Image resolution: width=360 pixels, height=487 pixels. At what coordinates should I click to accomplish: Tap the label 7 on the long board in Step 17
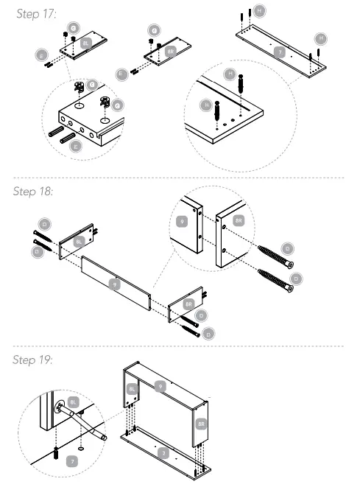(x=278, y=52)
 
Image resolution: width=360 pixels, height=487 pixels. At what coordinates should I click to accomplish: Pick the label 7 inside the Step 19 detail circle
(x=71, y=460)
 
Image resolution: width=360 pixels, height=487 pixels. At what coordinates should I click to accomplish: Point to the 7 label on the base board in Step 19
(x=166, y=454)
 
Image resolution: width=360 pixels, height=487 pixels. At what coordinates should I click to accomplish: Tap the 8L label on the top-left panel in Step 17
(x=85, y=44)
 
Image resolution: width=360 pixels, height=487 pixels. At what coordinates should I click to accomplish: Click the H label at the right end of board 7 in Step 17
(x=320, y=37)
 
